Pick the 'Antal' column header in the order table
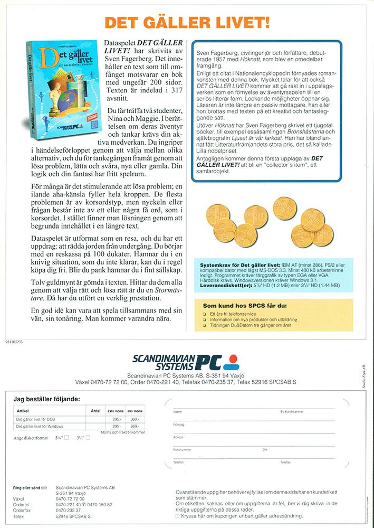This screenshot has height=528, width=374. coord(95,410)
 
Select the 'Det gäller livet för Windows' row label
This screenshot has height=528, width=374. coord(40,426)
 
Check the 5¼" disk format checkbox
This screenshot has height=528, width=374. coord(66,438)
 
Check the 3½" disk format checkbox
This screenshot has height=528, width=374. coord(88,437)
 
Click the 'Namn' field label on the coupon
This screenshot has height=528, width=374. coord(178,411)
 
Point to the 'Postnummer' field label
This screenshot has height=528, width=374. coord(183,449)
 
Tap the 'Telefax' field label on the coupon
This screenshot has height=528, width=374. coord(285,462)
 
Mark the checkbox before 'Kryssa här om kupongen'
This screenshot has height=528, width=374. coord(177,516)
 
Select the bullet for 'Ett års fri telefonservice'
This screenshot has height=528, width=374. coord(205,314)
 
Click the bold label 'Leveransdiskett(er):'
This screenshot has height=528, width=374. coord(221,285)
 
